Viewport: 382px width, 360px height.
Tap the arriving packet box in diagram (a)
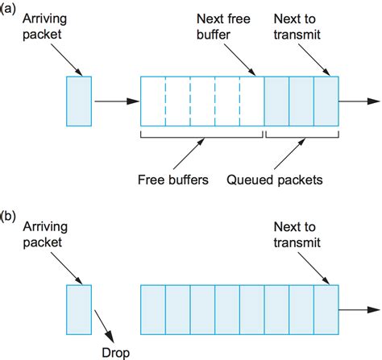pos(78,102)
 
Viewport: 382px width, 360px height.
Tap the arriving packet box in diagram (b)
pos(78,308)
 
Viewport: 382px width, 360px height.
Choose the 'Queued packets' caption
pos(275,180)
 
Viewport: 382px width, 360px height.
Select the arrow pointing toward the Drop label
pos(103,325)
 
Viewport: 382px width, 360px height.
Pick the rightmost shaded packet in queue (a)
pos(325,102)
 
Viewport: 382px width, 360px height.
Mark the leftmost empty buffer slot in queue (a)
pos(153,102)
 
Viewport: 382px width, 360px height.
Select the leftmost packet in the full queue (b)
pos(153,308)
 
